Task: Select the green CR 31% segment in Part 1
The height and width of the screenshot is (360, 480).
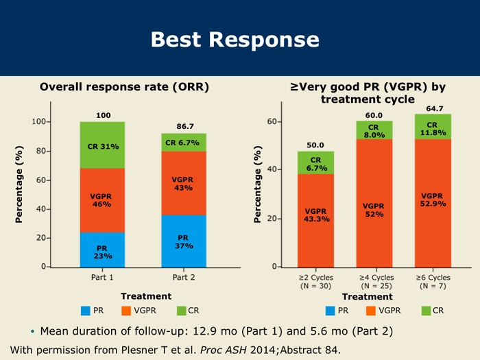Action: coord(102,145)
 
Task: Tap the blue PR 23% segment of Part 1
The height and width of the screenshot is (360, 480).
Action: coord(102,250)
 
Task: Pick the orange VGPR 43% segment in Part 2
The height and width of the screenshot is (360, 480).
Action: coord(183,183)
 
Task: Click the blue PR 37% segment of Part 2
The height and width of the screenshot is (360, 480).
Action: coord(183,241)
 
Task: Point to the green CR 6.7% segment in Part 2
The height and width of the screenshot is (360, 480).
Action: coord(183,143)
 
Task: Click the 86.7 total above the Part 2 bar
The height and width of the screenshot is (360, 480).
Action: coord(185,126)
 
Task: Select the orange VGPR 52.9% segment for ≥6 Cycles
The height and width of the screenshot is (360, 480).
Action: coord(433,200)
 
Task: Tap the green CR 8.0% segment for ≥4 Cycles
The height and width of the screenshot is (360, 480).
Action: coord(374,130)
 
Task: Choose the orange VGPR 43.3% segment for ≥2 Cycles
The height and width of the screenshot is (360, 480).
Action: coord(316,215)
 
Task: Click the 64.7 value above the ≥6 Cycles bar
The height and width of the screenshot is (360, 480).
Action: coord(434,108)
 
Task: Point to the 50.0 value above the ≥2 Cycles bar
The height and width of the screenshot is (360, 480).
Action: coord(315,145)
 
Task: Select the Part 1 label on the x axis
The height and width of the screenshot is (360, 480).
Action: coord(102,277)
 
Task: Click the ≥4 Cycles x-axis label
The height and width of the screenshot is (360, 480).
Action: coord(374,277)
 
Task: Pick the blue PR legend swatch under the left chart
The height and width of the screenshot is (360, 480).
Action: coord(86,311)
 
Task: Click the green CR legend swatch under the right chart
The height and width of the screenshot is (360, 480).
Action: coord(426,311)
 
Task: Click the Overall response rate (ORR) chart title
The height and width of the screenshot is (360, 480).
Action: coord(124,87)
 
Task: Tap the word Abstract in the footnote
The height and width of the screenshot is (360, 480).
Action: coord(296,350)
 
